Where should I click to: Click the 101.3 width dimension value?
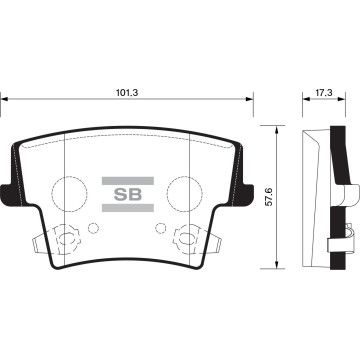click(x=127, y=93)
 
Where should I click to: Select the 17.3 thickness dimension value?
click(x=324, y=93)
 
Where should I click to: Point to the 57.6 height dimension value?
click(x=269, y=197)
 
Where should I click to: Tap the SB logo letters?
click(x=128, y=194)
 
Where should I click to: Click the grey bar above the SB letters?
click(x=128, y=181)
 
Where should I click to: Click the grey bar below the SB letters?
click(x=128, y=208)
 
